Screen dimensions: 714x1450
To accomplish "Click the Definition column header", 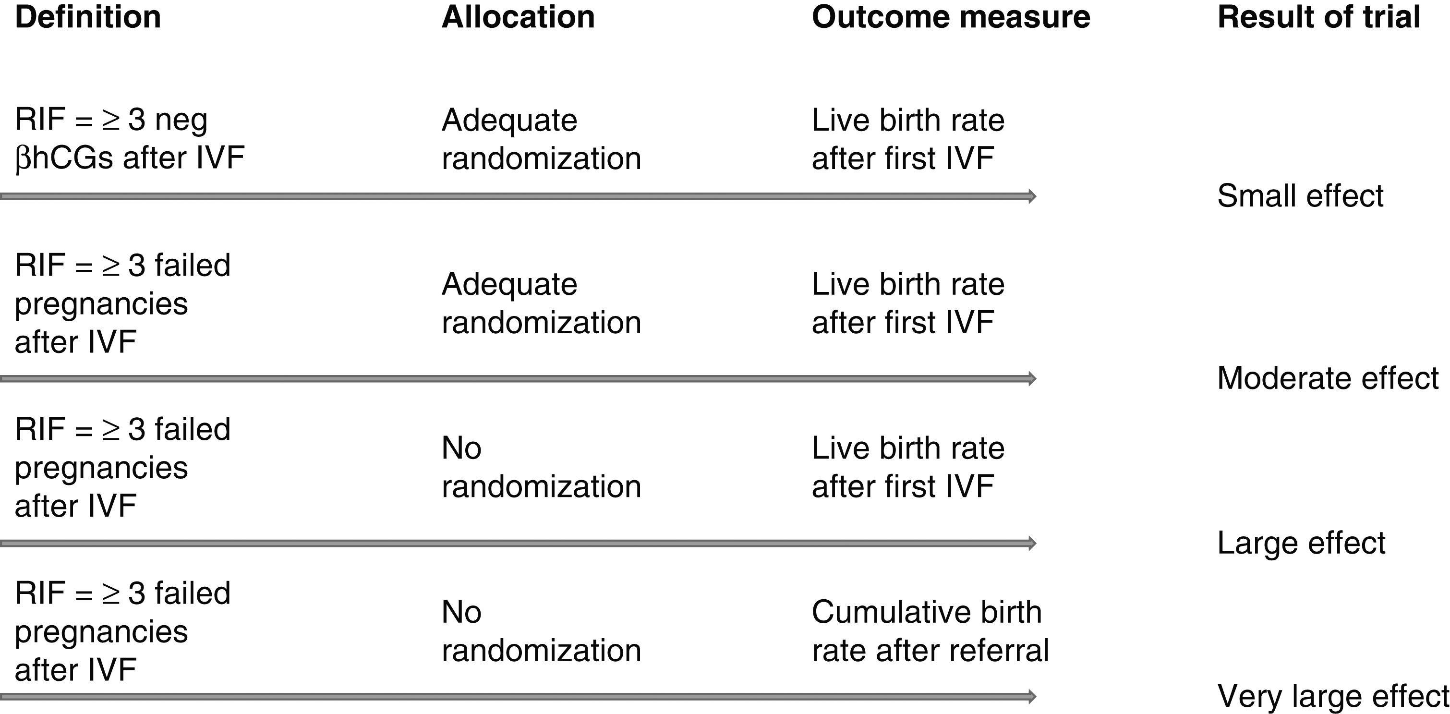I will (88, 17).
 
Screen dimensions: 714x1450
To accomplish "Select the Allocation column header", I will (518, 17).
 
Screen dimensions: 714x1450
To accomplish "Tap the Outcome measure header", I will (951, 17).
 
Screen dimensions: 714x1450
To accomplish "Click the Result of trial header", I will (1319, 17).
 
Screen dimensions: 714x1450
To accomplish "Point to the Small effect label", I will (1300, 196).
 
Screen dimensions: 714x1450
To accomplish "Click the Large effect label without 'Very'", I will (1301, 543).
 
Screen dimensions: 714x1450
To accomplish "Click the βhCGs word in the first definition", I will (64, 158).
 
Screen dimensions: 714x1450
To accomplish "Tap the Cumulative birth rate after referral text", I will (930, 631).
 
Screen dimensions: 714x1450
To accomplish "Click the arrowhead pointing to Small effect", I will (1032, 196).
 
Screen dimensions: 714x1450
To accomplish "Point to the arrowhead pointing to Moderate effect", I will (1032, 378).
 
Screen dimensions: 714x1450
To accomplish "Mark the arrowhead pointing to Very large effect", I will (1032, 697).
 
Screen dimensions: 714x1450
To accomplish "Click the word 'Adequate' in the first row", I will (509, 121).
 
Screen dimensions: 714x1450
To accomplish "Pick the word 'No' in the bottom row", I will (461, 612).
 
